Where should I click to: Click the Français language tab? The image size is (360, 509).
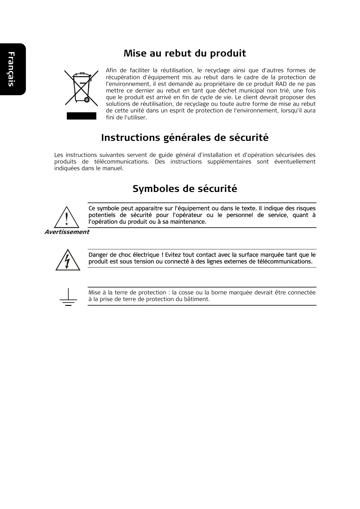point(11,69)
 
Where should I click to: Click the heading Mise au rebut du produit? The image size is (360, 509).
point(185,53)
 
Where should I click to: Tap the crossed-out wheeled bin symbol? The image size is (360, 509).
point(81,88)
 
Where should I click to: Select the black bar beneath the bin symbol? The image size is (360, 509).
point(81,116)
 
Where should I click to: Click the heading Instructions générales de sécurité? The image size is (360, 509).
point(185,138)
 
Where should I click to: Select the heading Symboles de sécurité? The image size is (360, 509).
point(185,189)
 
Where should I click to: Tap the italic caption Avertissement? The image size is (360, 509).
point(67,232)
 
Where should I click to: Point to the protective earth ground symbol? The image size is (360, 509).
point(68,297)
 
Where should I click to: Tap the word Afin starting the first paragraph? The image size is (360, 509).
point(111,70)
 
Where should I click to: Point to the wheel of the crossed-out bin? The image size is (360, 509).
point(87,99)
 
